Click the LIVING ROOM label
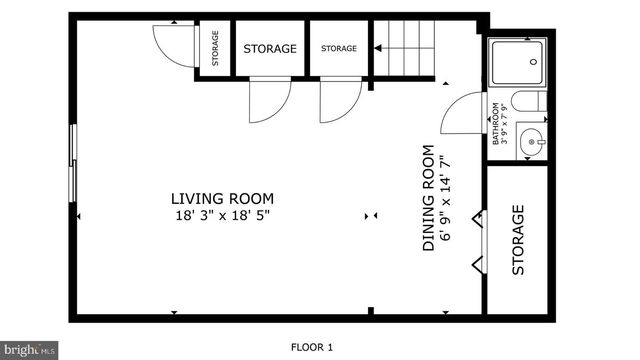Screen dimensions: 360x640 (221, 198)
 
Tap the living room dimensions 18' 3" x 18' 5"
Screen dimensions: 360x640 (221, 214)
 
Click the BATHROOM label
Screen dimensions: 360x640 (495, 125)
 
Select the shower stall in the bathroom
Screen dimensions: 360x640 (517, 63)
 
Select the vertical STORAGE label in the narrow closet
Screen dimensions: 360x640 (215, 47)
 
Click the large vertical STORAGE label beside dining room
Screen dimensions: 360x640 (518, 240)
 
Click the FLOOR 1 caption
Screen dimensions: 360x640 (311, 347)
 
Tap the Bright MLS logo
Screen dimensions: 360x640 (28, 350)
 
